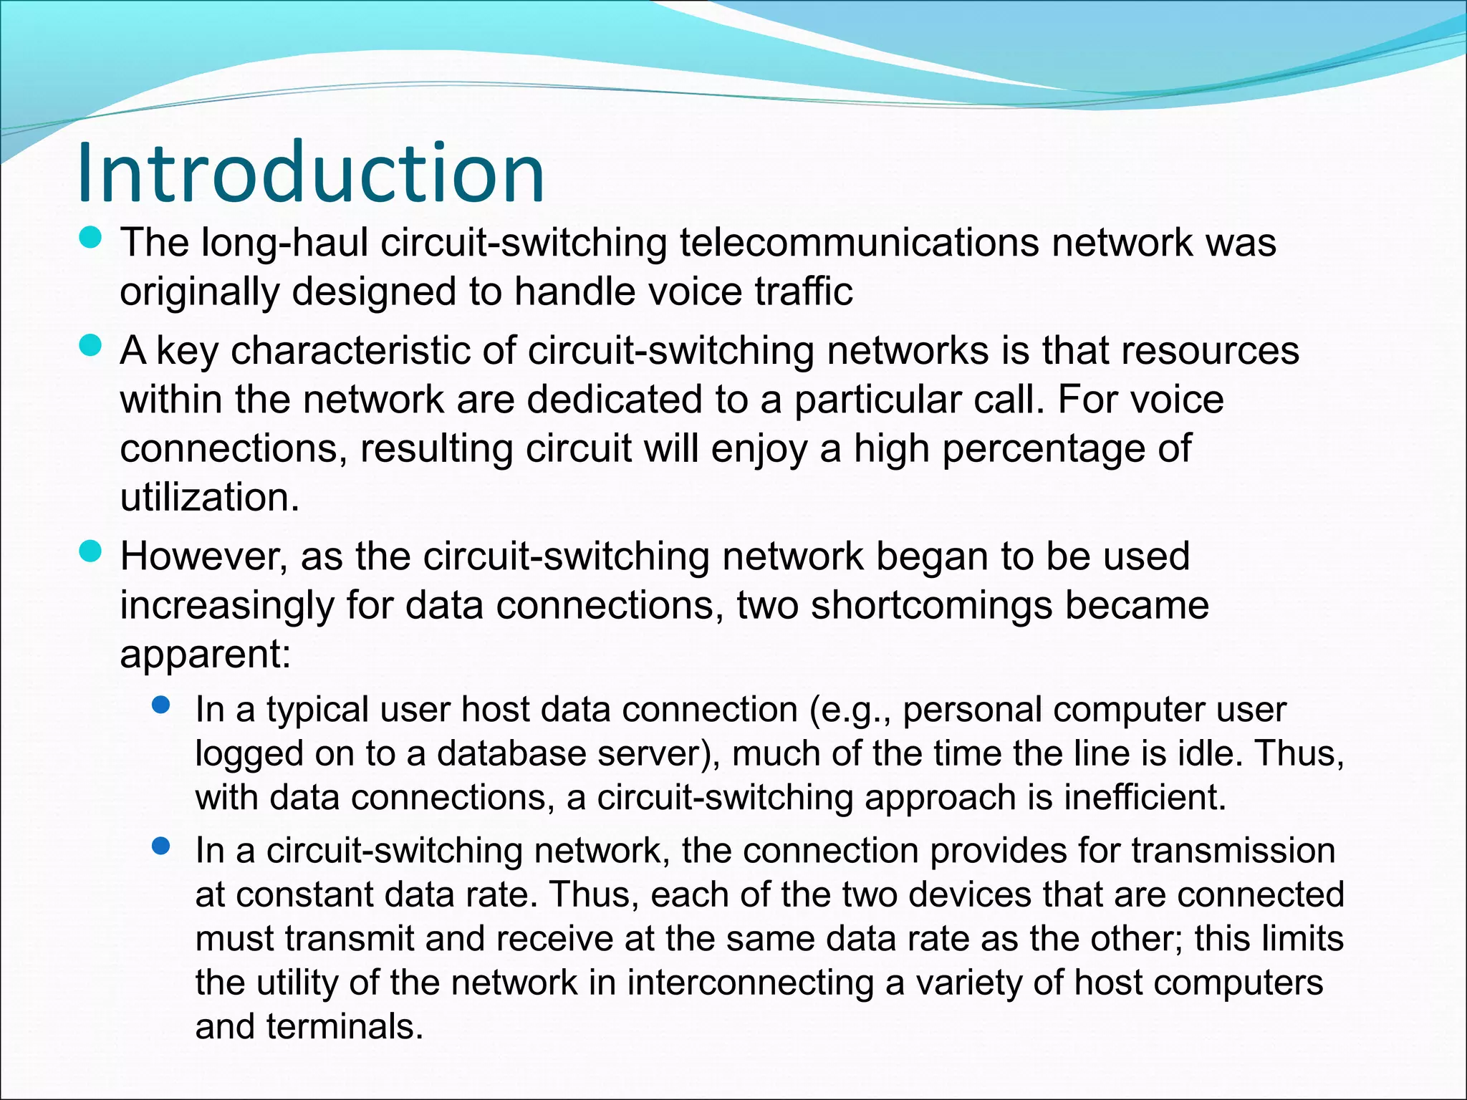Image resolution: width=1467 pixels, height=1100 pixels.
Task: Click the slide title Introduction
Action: click(310, 174)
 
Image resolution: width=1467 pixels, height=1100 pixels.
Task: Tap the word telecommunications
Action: click(859, 243)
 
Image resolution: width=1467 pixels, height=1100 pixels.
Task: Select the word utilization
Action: click(208, 497)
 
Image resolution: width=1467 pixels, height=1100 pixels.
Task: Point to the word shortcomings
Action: click(931, 605)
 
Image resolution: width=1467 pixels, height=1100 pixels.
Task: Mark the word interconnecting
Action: click(750, 983)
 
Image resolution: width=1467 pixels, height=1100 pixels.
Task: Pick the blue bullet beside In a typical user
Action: click(161, 705)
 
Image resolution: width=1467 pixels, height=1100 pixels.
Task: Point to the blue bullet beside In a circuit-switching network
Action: click(161, 846)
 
